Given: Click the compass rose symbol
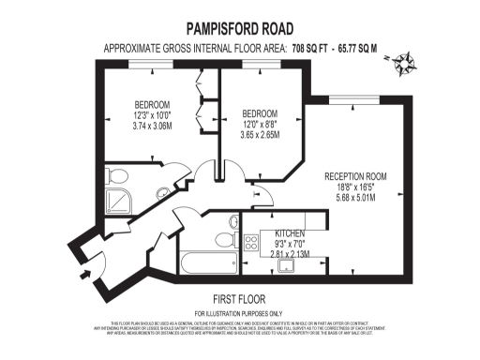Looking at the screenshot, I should point(406,64).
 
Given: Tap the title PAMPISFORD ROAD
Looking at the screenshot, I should point(239,29).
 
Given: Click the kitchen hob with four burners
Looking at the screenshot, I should point(251,242).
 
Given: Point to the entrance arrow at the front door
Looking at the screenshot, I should point(87,273).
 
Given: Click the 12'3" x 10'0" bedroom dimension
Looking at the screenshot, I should point(151,114).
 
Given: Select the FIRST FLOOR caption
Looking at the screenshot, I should point(238,299).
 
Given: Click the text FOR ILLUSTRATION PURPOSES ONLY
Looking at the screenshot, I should point(238,312).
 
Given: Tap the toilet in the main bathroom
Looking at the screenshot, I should point(232,225).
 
